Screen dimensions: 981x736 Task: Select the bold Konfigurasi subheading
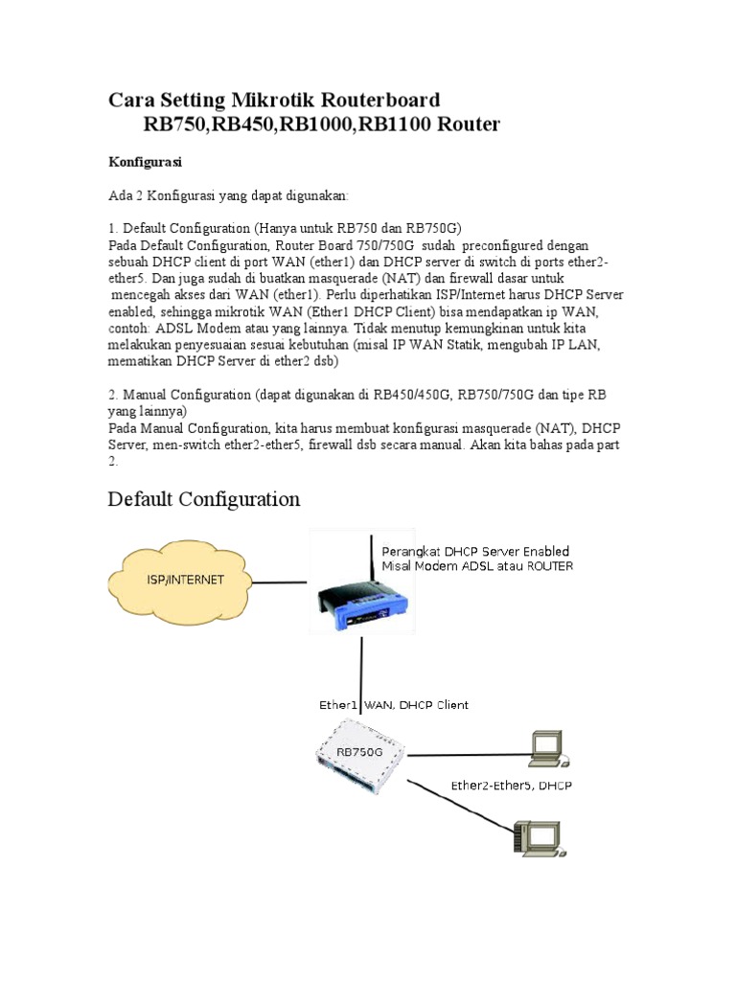145,161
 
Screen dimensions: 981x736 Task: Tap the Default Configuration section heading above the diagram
204,499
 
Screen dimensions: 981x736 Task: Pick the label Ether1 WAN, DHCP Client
394,705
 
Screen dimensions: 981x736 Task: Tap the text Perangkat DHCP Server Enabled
475,551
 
